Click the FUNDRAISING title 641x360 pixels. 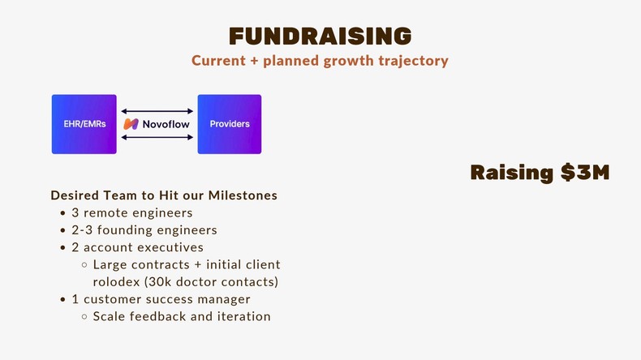click(320, 36)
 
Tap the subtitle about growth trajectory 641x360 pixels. click(320, 61)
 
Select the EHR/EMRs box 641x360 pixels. click(84, 124)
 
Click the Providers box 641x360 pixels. click(230, 124)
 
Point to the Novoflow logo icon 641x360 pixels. click(131, 125)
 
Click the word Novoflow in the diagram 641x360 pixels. click(166, 125)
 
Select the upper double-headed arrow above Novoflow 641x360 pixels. click(157, 111)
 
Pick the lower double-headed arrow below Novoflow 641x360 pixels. click(157, 138)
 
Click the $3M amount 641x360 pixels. click(585, 173)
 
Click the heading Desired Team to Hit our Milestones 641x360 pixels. click(164, 195)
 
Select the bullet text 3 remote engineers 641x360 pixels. click(132, 213)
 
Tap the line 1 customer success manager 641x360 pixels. click(161, 299)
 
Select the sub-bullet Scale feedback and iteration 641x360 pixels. click(182, 316)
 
